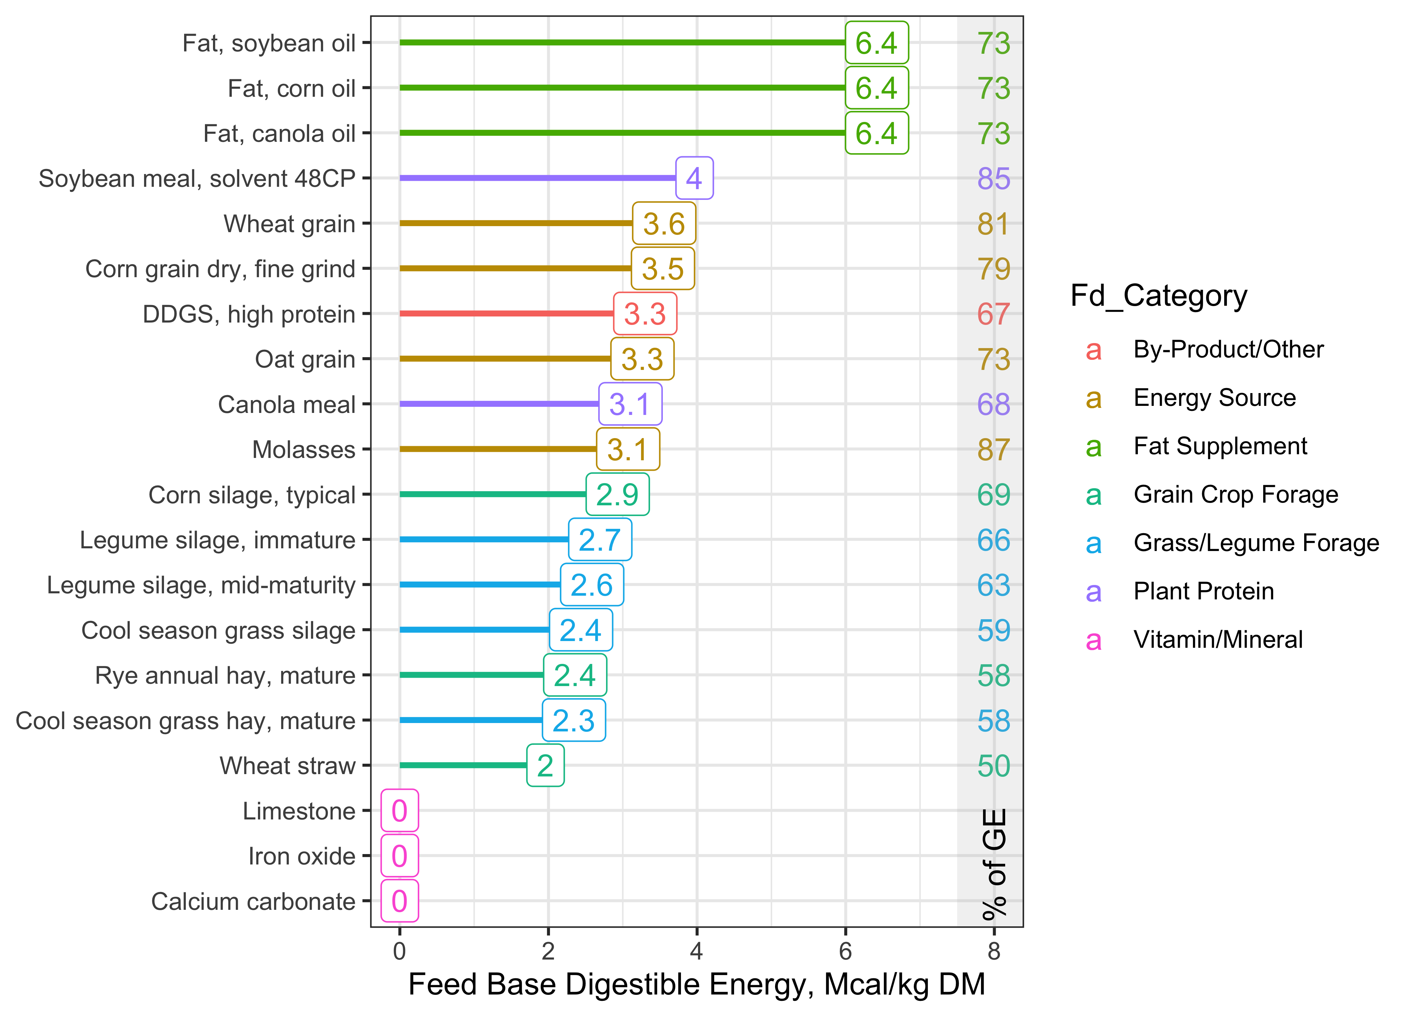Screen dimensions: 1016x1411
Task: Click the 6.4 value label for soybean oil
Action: tap(876, 43)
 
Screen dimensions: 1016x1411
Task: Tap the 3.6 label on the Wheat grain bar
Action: tap(663, 223)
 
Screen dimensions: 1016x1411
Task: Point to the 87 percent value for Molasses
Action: tap(993, 449)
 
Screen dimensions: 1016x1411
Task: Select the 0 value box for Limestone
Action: tap(399, 811)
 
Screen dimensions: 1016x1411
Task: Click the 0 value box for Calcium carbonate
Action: tap(399, 901)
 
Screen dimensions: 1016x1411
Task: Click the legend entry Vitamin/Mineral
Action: tap(1217, 640)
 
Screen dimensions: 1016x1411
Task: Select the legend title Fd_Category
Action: tap(1158, 296)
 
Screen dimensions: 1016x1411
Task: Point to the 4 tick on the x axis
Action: tap(696, 951)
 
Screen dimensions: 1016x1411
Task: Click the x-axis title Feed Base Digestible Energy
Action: tap(696, 985)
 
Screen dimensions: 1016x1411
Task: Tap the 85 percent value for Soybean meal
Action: tap(993, 178)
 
